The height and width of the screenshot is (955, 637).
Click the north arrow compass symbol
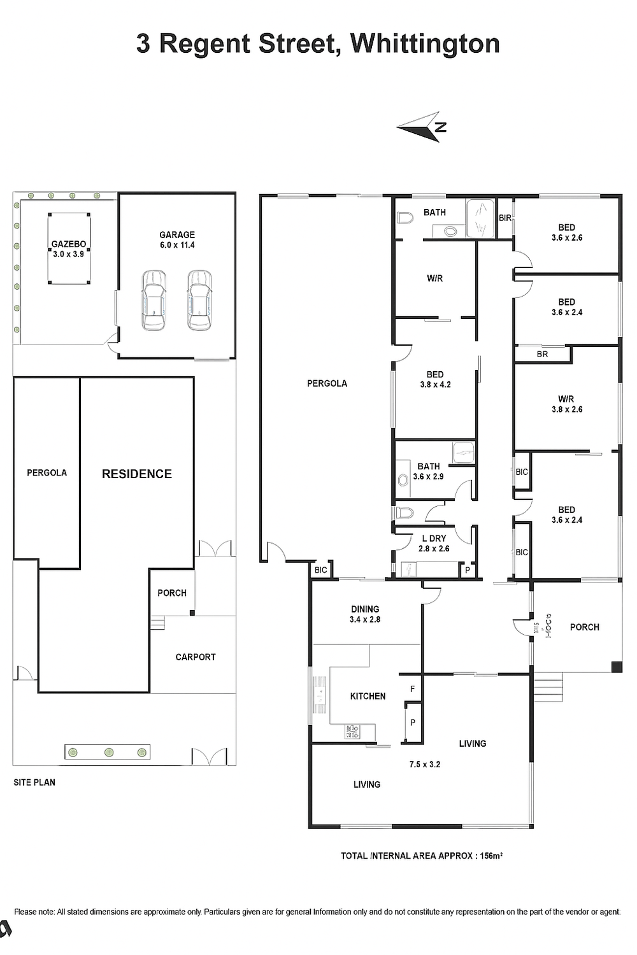click(x=421, y=127)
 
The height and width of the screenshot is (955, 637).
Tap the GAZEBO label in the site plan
click(x=69, y=244)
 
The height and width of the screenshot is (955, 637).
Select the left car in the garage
click(x=154, y=300)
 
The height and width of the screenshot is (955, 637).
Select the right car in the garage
click(x=199, y=300)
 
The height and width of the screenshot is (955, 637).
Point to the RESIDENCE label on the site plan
click(x=136, y=474)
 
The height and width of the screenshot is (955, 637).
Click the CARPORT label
click(x=196, y=657)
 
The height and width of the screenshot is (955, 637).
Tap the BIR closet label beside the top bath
click(x=505, y=218)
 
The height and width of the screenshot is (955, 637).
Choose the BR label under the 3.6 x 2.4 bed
click(x=542, y=354)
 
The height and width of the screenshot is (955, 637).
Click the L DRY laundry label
click(x=434, y=539)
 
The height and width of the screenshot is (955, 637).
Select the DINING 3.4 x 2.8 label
click(x=365, y=614)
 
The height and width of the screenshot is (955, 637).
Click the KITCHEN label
click(x=368, y=697)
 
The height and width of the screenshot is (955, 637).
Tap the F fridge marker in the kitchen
click(x=412, y=689)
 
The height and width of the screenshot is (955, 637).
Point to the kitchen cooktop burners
click(x=353, y=732)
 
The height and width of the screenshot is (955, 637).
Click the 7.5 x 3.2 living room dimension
click(x=424, y=765)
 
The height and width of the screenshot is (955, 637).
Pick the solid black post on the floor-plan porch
click(x=616, y=667)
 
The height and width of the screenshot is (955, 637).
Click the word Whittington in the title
click(x=424, y=45)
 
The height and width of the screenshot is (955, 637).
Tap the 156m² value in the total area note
click(x=490, y=856)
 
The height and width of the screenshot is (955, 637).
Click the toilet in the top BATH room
click(x=405, y=219)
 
